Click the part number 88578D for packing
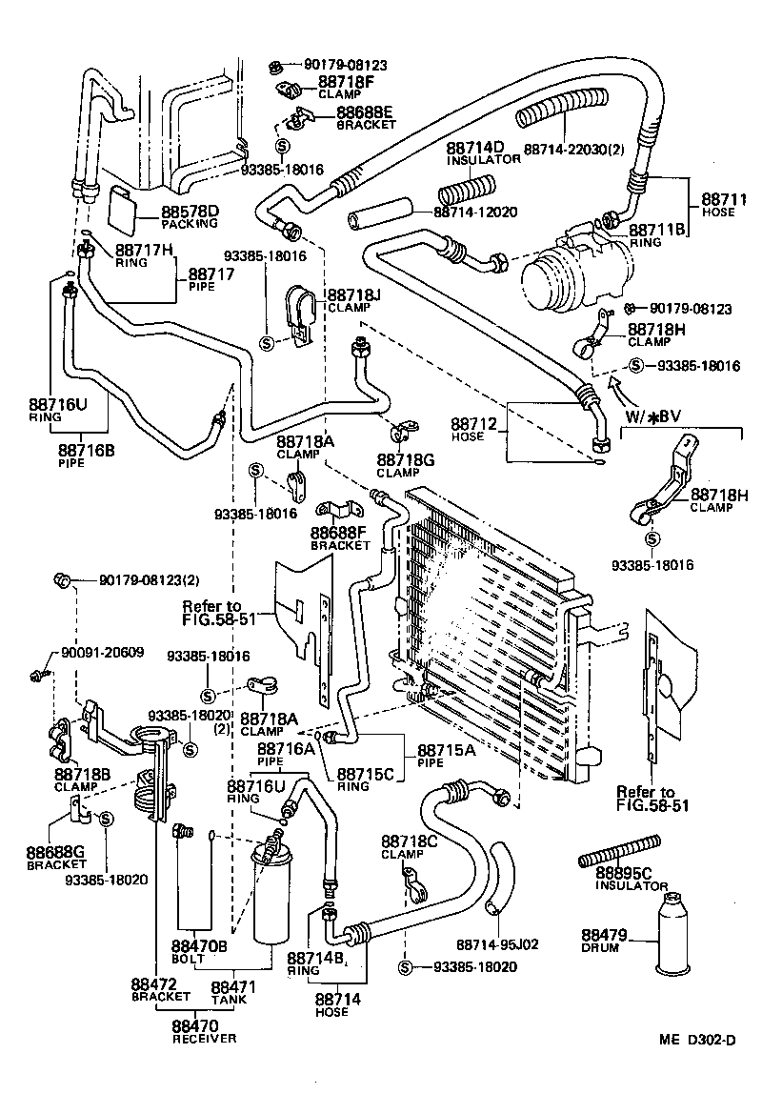coord(190,212)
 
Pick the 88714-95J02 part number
coord(498,944)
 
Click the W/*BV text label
coord(652,417)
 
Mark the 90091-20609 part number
coord(102,653)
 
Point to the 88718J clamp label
coord(353,296)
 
